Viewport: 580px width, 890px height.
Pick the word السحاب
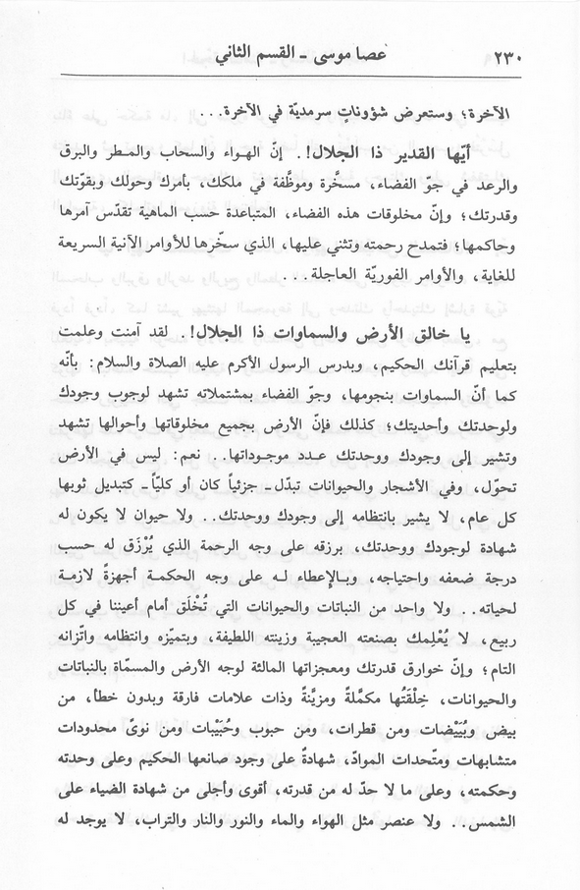[240, 157]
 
